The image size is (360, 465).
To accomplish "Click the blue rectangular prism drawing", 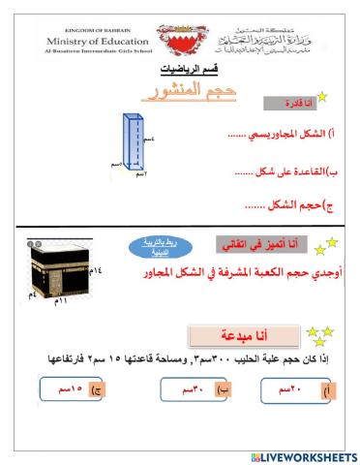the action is click(133, 146).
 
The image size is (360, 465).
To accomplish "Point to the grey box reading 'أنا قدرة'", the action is click(290, 103).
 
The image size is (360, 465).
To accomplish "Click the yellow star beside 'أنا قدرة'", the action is click(322, 97).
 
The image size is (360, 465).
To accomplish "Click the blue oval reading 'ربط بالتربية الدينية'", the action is click(160, 249).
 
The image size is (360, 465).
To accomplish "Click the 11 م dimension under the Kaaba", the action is click(62, 303).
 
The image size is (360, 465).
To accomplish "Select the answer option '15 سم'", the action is click(72, 389).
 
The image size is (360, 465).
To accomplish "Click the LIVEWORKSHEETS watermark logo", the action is click(303, 455).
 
